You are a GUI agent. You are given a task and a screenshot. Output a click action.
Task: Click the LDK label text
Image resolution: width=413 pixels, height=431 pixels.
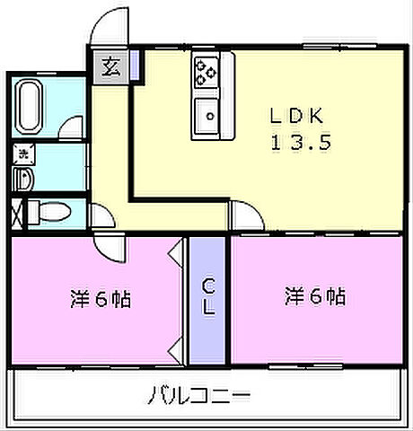click(294, 116)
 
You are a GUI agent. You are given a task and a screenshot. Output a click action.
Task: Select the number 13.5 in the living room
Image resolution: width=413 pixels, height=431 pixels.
click(294, 141)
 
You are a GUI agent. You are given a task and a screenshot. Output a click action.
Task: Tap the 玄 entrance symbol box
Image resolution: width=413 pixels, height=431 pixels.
click(110, 66)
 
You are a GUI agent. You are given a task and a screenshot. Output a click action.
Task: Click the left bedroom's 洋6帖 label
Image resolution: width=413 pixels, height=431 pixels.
click(101, 297)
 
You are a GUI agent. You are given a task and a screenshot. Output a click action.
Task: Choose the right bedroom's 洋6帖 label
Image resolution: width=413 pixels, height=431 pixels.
click(316, 295)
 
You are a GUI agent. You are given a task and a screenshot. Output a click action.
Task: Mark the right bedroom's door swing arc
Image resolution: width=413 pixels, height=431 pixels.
click(243, 215)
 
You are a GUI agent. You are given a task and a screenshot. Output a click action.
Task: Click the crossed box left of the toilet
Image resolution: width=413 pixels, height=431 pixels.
click(17, 215)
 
